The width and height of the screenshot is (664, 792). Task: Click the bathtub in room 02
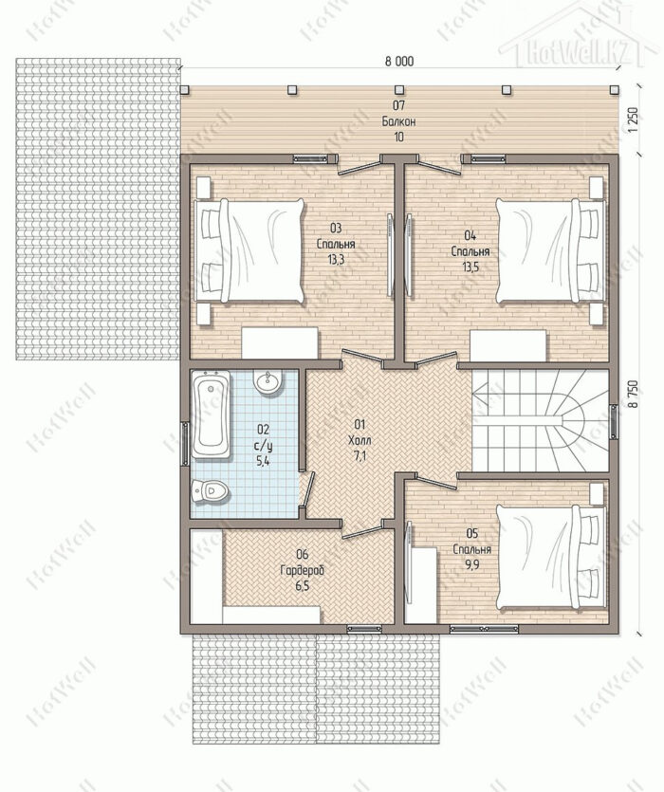coord(212,414)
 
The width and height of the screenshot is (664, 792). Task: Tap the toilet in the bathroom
coord(210,491)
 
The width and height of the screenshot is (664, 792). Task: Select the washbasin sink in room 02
coord(267,382)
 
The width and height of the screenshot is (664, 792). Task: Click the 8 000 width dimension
coord(399,61)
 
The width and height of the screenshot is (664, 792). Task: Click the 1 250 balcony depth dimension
coord(635,120)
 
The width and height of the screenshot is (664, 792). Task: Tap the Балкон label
coord(398,121)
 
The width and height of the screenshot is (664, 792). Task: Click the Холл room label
coord(360,440)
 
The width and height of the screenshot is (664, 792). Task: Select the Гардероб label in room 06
coord(303,570)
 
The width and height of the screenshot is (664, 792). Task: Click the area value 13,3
coord(336,260)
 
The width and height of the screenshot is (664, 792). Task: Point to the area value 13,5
coord(470,267)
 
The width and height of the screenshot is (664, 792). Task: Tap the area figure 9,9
coord(472,564)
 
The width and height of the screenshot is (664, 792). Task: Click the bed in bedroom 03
coord(249,250)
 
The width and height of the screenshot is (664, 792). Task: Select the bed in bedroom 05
coord(551,557)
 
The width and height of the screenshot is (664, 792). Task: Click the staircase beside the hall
coord(540,421)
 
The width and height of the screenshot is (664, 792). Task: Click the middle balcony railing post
coord(399,90)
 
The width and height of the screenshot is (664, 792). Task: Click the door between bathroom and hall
coord(307,488)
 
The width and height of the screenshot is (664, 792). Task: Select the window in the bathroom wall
coord(185,444)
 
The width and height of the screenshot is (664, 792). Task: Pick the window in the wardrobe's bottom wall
coord(364,629)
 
